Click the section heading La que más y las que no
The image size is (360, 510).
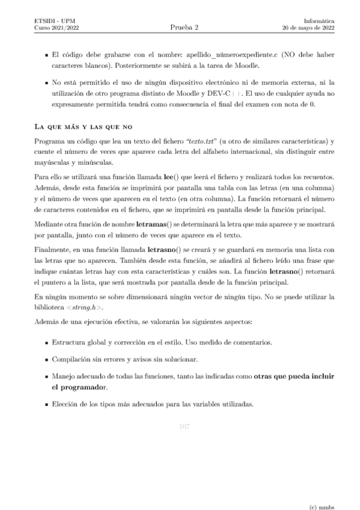pyautogui.click(x=84, y=127)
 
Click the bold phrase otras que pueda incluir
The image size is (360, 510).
pyautogui.click(x=294, y=376)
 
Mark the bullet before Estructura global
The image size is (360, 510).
pyautogui.click(x=47, y=343)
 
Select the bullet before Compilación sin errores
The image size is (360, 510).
pyautogui.click(x=47, y=360)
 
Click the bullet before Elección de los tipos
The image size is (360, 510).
pyautogui.click(x=47, y=404)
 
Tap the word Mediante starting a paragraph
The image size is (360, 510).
pyautogui.click(x=51, y=224)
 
